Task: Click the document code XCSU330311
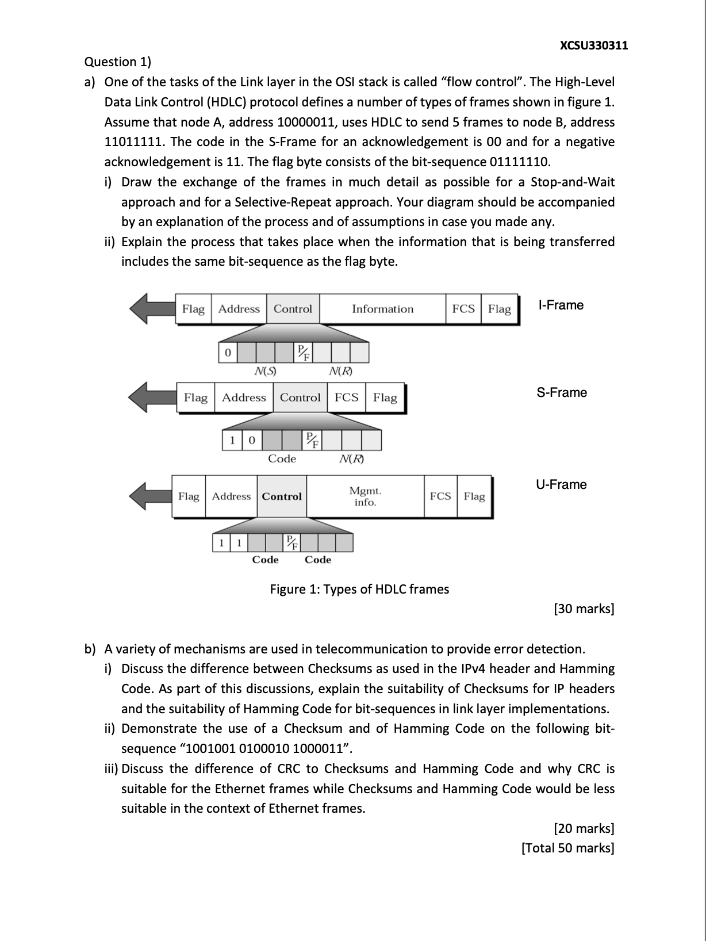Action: (x=593, y=45)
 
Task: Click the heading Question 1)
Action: (x=117, y=62)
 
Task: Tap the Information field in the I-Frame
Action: (x=382, y=309)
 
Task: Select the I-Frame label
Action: (x=561, y=305)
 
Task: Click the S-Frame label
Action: (x=562, y=393)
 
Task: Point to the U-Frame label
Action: (x=561, y=484)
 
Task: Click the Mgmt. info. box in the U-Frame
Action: (x=365, y=496)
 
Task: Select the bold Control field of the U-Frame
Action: (x=282, y=496)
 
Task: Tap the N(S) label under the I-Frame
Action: (x=265, y=372)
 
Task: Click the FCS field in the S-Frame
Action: (x=346, y=397)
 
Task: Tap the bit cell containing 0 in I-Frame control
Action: (x=228, y=352)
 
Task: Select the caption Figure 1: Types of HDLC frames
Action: (x=359, y=589)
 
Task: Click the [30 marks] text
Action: (x=584, y=609)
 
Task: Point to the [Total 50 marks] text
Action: (x=567, y=848)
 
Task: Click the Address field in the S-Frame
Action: (x=244, y=397)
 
